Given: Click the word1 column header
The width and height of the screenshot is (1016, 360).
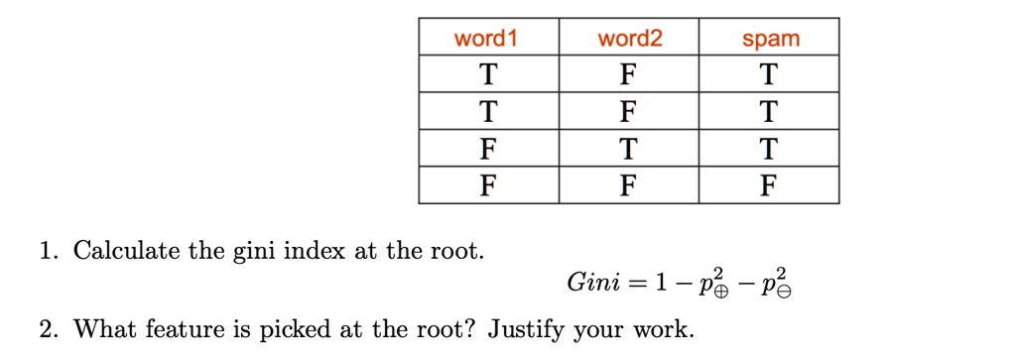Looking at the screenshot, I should (486, 39).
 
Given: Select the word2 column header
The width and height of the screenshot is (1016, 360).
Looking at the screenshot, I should (629, 39).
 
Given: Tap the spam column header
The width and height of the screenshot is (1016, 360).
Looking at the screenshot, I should (770, 40).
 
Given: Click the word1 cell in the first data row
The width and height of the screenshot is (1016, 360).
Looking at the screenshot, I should (487, 75).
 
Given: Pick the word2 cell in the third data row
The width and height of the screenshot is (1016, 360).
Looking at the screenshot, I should (629, 149).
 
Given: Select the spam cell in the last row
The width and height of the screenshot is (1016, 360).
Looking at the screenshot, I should (770, 185).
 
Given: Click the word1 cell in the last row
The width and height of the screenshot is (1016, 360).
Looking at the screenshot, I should (487, 185).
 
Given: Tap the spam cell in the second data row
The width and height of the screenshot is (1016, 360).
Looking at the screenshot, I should (770, 112).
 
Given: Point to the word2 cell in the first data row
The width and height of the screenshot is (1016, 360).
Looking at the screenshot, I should (629, 75).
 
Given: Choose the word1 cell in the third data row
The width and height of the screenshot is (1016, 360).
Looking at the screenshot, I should (487, 149).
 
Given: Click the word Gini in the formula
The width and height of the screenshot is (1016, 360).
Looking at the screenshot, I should (593, 284).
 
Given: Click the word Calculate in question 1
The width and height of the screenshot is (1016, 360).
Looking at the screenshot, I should (127, 250).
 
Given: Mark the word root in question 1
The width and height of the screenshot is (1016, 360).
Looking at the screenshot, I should (454, 250).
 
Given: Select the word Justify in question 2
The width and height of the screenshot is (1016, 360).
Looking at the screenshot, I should (527, 328).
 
